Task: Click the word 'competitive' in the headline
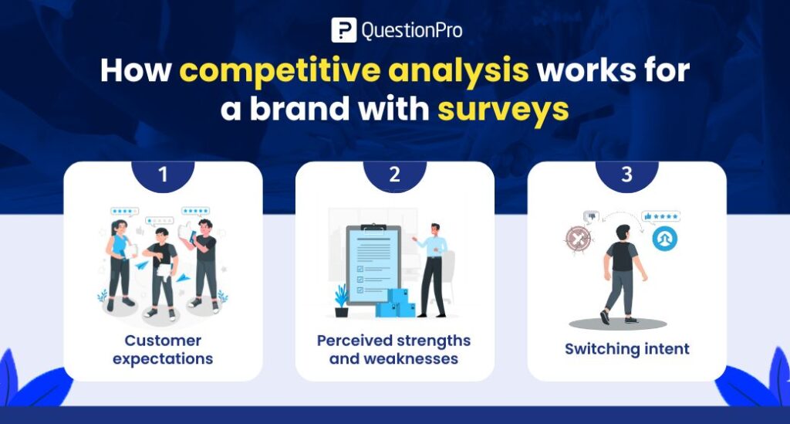(x=282, y=71)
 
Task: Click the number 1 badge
(x=163, y=175)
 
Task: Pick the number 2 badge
(x=395, y=175)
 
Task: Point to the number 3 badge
(x=626, y=175)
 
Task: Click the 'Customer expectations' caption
(x=163, y=350)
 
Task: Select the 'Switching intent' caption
(x=626, y=349)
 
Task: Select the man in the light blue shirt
(x=432, y=266)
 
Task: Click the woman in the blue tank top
(x=120, y=263)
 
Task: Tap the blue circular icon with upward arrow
(x=664, y=239)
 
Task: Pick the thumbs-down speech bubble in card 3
(x=590, y=216)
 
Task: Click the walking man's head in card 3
(x=623, y=232)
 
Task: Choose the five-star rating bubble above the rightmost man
(x=196, y=210)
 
